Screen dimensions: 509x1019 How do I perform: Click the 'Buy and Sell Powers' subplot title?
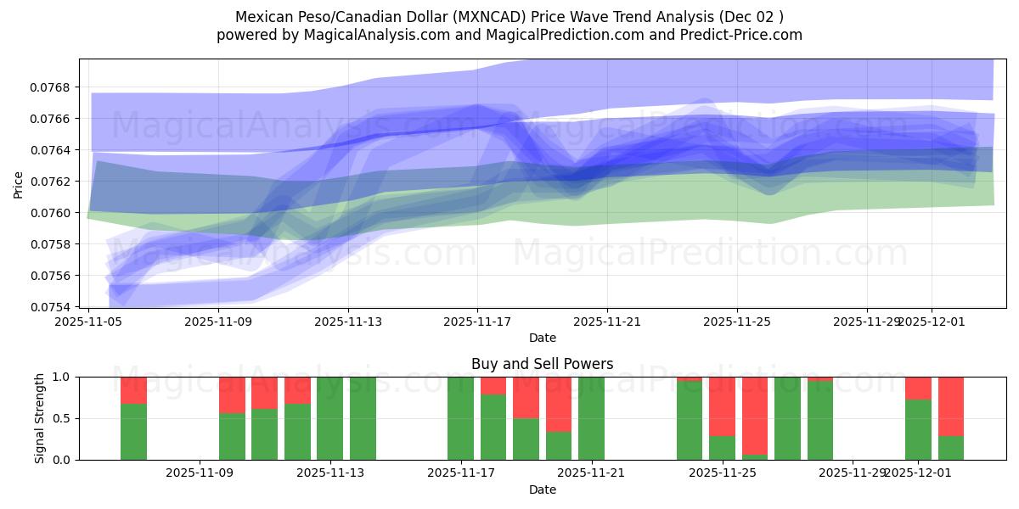(542, 364)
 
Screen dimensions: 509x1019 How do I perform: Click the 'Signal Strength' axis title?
(40, 418)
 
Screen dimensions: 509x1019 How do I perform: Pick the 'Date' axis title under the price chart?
(542, 338)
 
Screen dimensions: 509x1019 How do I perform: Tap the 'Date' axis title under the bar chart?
(542, 489)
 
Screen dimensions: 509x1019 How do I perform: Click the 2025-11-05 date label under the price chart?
(89, 322)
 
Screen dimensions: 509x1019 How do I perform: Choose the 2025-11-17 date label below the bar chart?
(460, 473)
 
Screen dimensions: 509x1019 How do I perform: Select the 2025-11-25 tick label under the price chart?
(736, 322)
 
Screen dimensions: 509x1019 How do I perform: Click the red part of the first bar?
(133, 389)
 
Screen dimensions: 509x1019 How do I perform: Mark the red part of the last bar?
(951, 406)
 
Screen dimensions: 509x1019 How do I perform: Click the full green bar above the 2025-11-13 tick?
(329, 418)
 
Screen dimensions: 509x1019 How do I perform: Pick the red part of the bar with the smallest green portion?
(755, 416)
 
